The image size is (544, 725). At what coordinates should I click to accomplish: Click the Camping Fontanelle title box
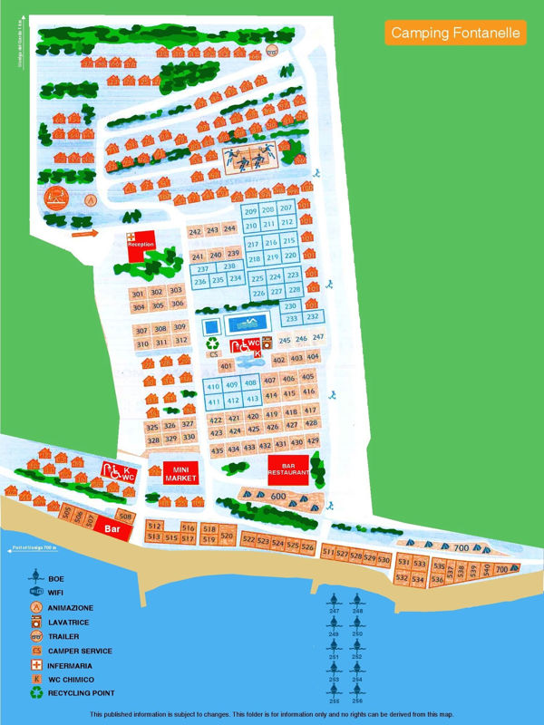pos(456,33)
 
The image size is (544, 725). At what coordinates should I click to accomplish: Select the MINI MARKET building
pos(181,473)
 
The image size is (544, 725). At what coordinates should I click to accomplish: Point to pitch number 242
pos(195,232)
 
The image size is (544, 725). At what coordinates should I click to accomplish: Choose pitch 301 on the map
pos(138,294)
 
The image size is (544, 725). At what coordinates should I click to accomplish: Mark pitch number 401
pos(227,365)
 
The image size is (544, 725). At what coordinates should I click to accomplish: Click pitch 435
pos(217,450)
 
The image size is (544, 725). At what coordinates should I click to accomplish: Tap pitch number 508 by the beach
pos(126,517)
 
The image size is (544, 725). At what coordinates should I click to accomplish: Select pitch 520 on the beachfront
pos(227,536)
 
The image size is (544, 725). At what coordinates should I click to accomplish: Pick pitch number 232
pos(312,317)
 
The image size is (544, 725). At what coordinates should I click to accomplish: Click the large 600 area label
pos(278,497)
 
